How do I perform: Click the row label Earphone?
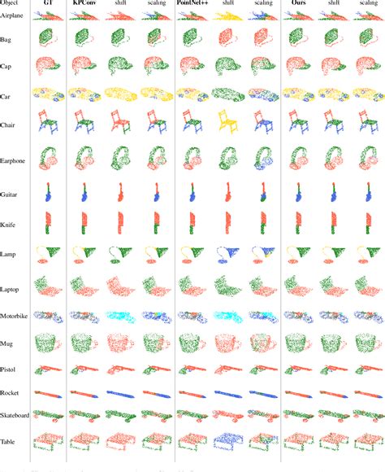(x=13, y=161)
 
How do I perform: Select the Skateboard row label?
(x=15, y=416)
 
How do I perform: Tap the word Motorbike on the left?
(x=15, y=314)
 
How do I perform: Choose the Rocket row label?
(x=11, y=392)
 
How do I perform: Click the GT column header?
(x=48, y=4)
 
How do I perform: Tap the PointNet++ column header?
(x=193, y=4)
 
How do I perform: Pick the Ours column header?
(x=298, y=4)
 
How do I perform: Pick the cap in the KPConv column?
(x=83, y=67)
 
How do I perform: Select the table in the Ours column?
(x=298, y=440)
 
